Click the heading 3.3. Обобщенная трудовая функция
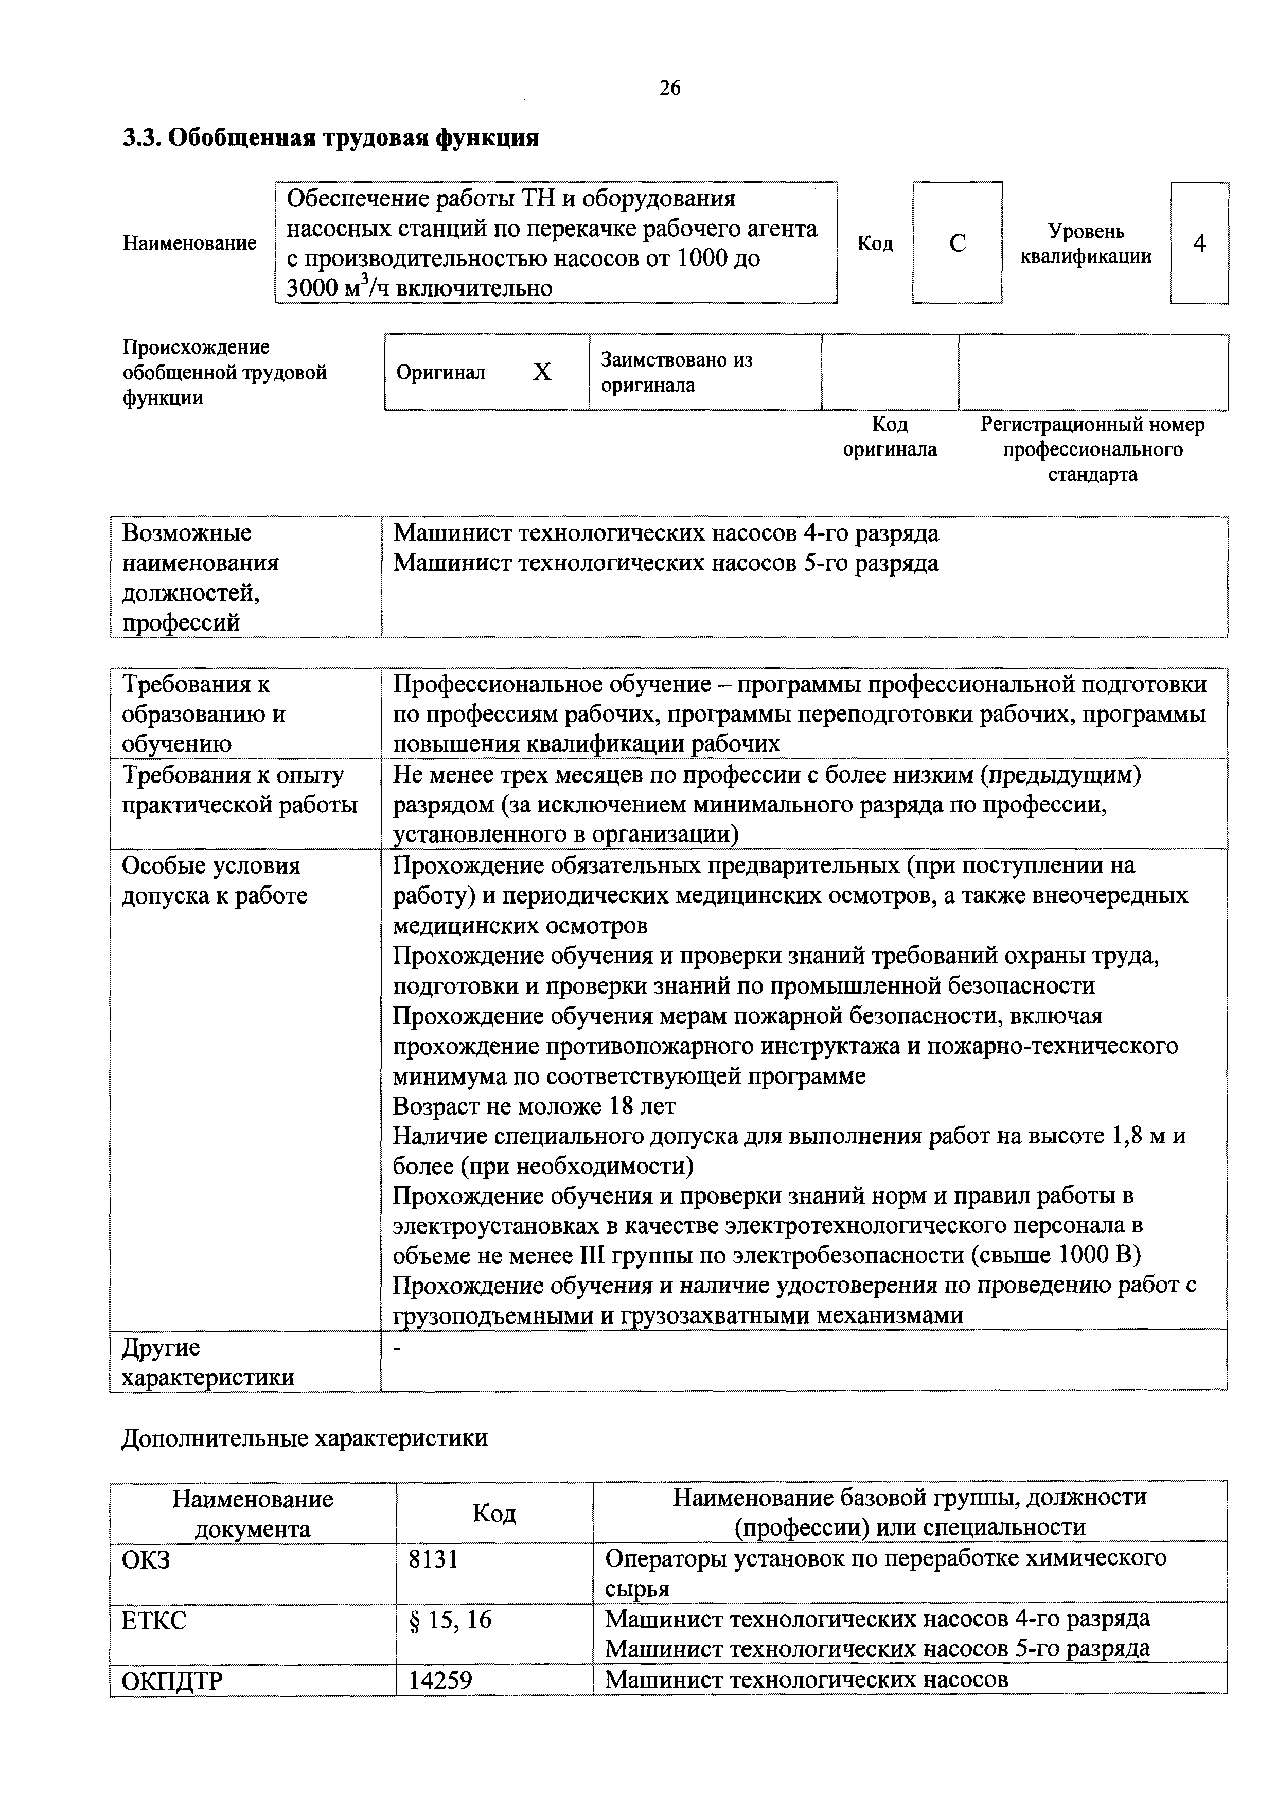(x=331, y=137)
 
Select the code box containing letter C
(x=957, y=243)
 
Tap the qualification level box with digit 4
(x=1199, y=243)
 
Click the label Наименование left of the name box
(x=189, y=243)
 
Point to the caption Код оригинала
(x=890, y=437)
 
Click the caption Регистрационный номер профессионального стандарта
(x=1092, y=449)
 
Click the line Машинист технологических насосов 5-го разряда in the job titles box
(x=665, y=563)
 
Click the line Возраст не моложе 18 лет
(x=534, y=1106)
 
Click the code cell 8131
(x=433, y=1558)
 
